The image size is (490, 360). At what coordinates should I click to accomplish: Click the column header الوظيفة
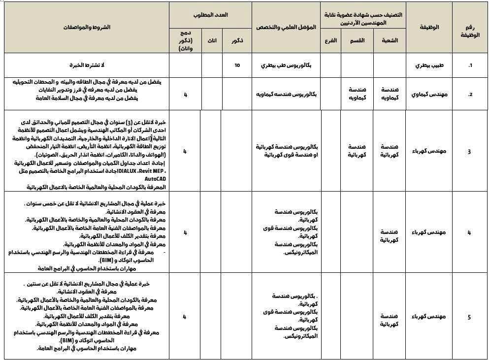[431, 27]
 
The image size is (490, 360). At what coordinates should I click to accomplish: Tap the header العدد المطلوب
[211, 15]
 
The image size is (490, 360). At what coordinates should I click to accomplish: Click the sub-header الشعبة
[390, 40]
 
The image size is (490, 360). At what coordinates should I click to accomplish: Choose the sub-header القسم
[357, 40]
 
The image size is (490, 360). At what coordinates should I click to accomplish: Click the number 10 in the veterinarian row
[237, 65]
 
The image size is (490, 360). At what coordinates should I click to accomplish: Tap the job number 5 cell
[469, 317]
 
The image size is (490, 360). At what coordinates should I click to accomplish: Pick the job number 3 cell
[469, 151]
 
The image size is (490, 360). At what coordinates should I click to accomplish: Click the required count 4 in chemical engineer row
[185, 94]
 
